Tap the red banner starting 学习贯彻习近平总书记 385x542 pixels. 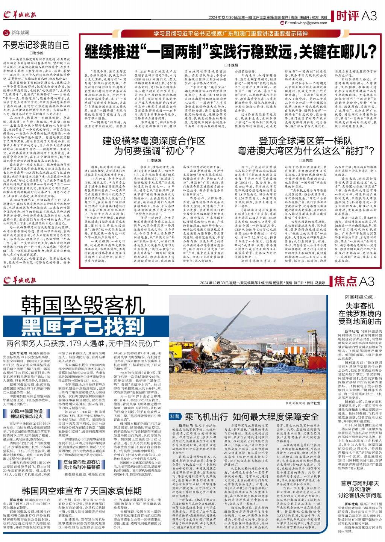[230, 33]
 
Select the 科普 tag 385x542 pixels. [175, 416]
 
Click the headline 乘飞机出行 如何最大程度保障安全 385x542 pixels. [252, 416]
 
